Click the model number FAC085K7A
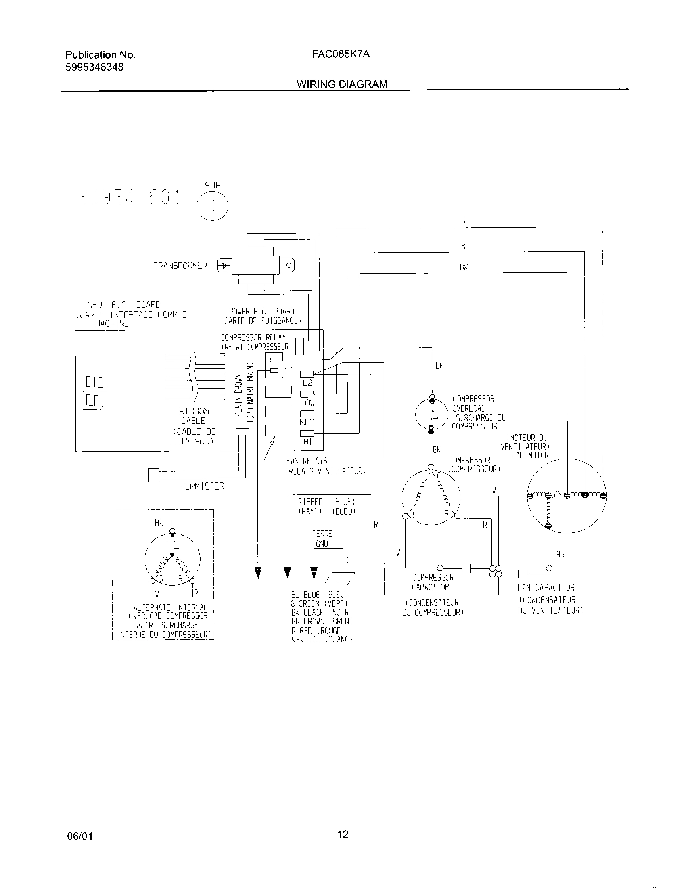point(341,54)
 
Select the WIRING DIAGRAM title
point(342,84)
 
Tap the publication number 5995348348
point(94,67)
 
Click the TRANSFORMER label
point(180,266)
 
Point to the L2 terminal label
point(307,383)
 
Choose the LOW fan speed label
point(307,403)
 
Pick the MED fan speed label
point(307,423)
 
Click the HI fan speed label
point(307,442)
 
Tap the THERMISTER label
point(199,486)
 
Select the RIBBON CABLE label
point(193,416)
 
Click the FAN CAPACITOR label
point(546,588)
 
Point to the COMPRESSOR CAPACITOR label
point(433,582)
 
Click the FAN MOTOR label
point(530,455)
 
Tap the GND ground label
point(322,544)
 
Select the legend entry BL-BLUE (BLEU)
point(320,595)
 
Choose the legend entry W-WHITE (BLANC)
point(322,639)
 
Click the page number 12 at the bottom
point(343,834)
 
